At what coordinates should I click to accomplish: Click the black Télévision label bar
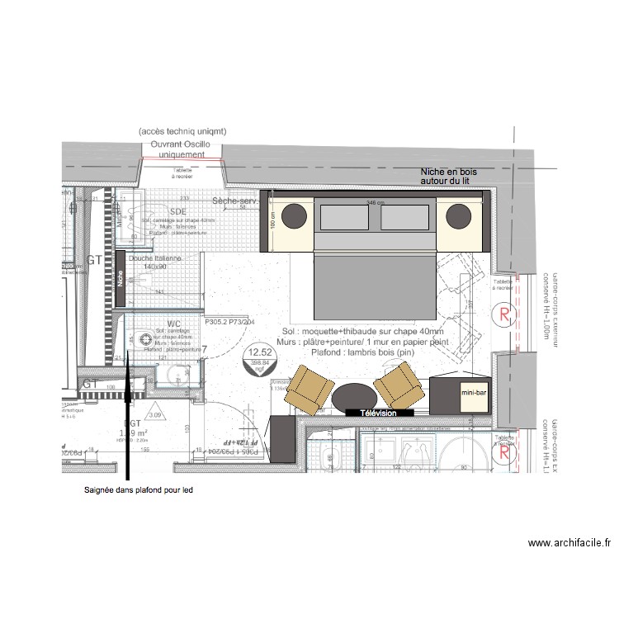tap(380, 413)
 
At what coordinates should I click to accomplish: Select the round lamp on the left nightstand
tap(295, 218)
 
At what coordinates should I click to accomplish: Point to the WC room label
tap(173, 324)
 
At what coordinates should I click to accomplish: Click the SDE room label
tap(178, 212)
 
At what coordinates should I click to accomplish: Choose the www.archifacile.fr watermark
tap(569, 543)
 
